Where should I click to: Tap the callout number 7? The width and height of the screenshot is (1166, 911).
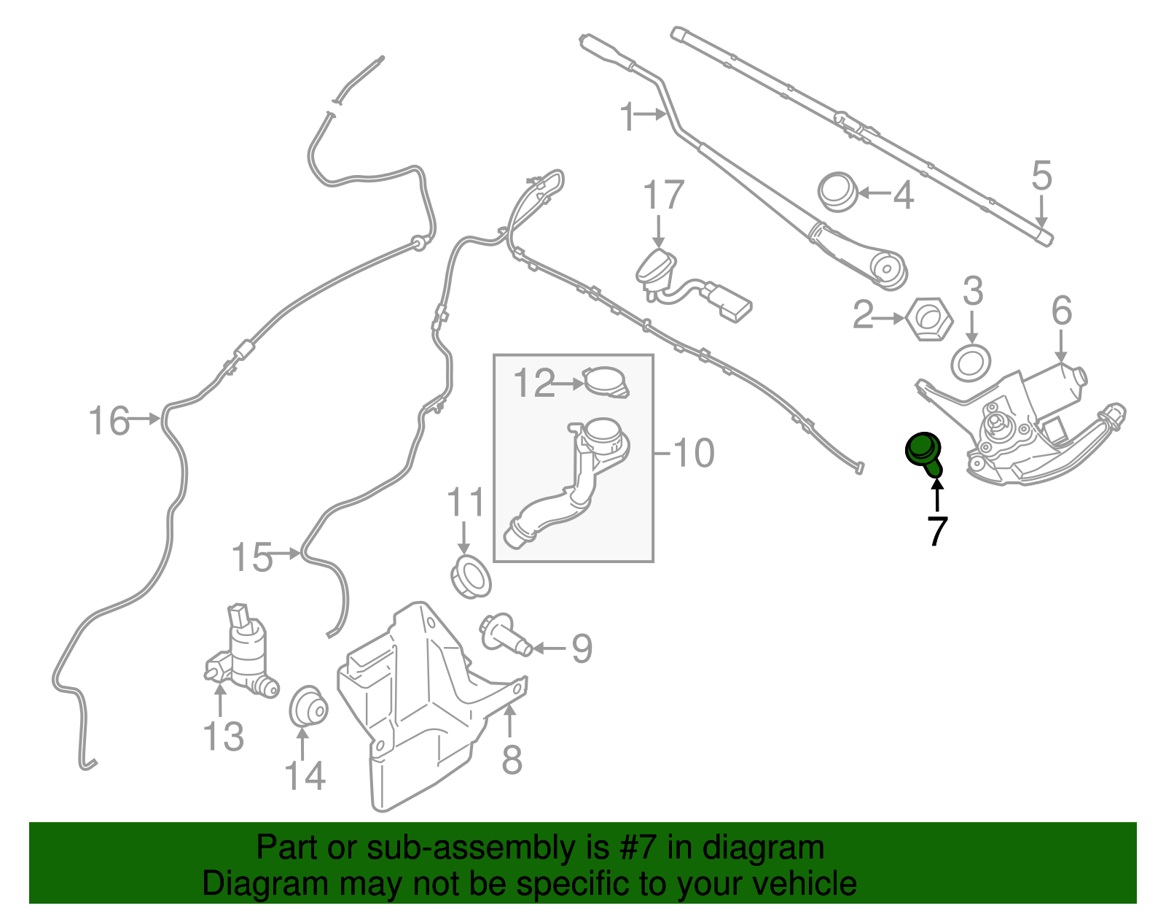pyautogui.click(x=937, y=531)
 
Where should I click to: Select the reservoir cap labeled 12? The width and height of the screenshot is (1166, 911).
pyautogui.click(x=606, y=381)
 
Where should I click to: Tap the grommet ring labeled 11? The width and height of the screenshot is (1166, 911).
pyautogui.click(x=471, y=578)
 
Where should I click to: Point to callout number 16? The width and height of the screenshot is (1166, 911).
pyautogui.click(x=109, y=420)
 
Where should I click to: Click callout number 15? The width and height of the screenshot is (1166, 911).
pyautogui.click(x=251, y=557)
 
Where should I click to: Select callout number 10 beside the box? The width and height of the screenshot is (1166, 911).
pyautogui.click(x=694, y=454)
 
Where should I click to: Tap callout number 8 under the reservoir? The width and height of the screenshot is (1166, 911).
pyautogui.click(x=512, y=760)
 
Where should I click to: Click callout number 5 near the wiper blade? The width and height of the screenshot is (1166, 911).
pyautogui.click(x=1041, y=176)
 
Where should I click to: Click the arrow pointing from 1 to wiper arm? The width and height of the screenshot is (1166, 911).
pyautogui.click(x=652, y=114)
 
